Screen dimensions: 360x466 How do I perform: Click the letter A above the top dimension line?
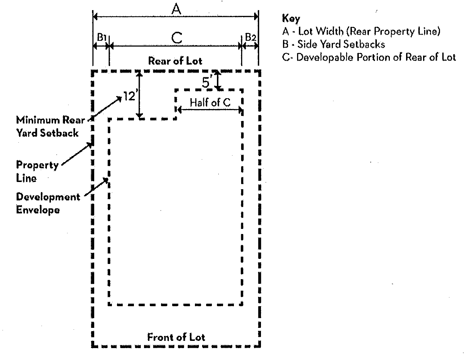[176, 9]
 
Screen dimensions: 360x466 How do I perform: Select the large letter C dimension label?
[177, 37]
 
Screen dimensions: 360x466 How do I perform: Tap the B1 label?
[101, 37]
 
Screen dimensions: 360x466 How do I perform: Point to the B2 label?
[251, 37]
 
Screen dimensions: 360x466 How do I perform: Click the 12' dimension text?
[129, 96]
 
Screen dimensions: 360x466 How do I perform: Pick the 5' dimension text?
[206, 83]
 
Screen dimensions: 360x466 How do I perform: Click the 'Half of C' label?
[210, 103]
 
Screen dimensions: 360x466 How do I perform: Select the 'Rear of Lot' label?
[175, 61]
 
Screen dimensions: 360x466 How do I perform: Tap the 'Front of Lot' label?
[176, 337]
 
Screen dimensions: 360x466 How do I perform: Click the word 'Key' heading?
[291, 18]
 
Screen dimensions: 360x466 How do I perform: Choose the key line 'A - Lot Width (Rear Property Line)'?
[361, 31]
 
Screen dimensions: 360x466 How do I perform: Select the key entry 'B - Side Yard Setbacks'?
[334, 44]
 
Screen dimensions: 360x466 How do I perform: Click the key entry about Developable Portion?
[369, 57]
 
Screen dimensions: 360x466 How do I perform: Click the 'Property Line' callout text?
[37, 171]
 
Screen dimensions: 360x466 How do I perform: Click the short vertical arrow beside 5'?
[217, 80]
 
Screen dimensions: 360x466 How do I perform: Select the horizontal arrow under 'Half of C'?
[209, 109]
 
